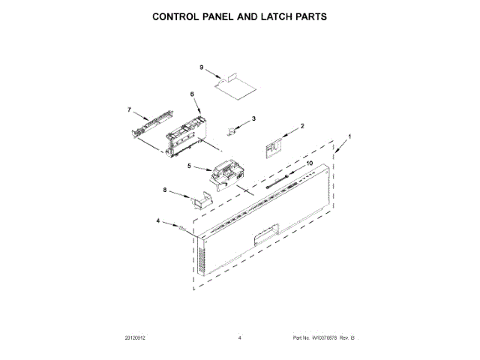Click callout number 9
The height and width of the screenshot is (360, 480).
[x=202, y=67]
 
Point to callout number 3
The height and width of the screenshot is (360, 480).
[x=253, y=118]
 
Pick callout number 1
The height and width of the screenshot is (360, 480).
[x=348, y=138]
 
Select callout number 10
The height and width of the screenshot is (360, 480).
[x=308, y=162]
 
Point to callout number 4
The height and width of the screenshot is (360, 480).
[x=158, y=220]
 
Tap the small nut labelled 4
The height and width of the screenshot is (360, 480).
[x=181, y=226]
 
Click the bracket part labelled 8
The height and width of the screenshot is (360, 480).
[x=199, y=201]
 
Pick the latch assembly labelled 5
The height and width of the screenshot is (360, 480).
[x=224, y=175]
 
